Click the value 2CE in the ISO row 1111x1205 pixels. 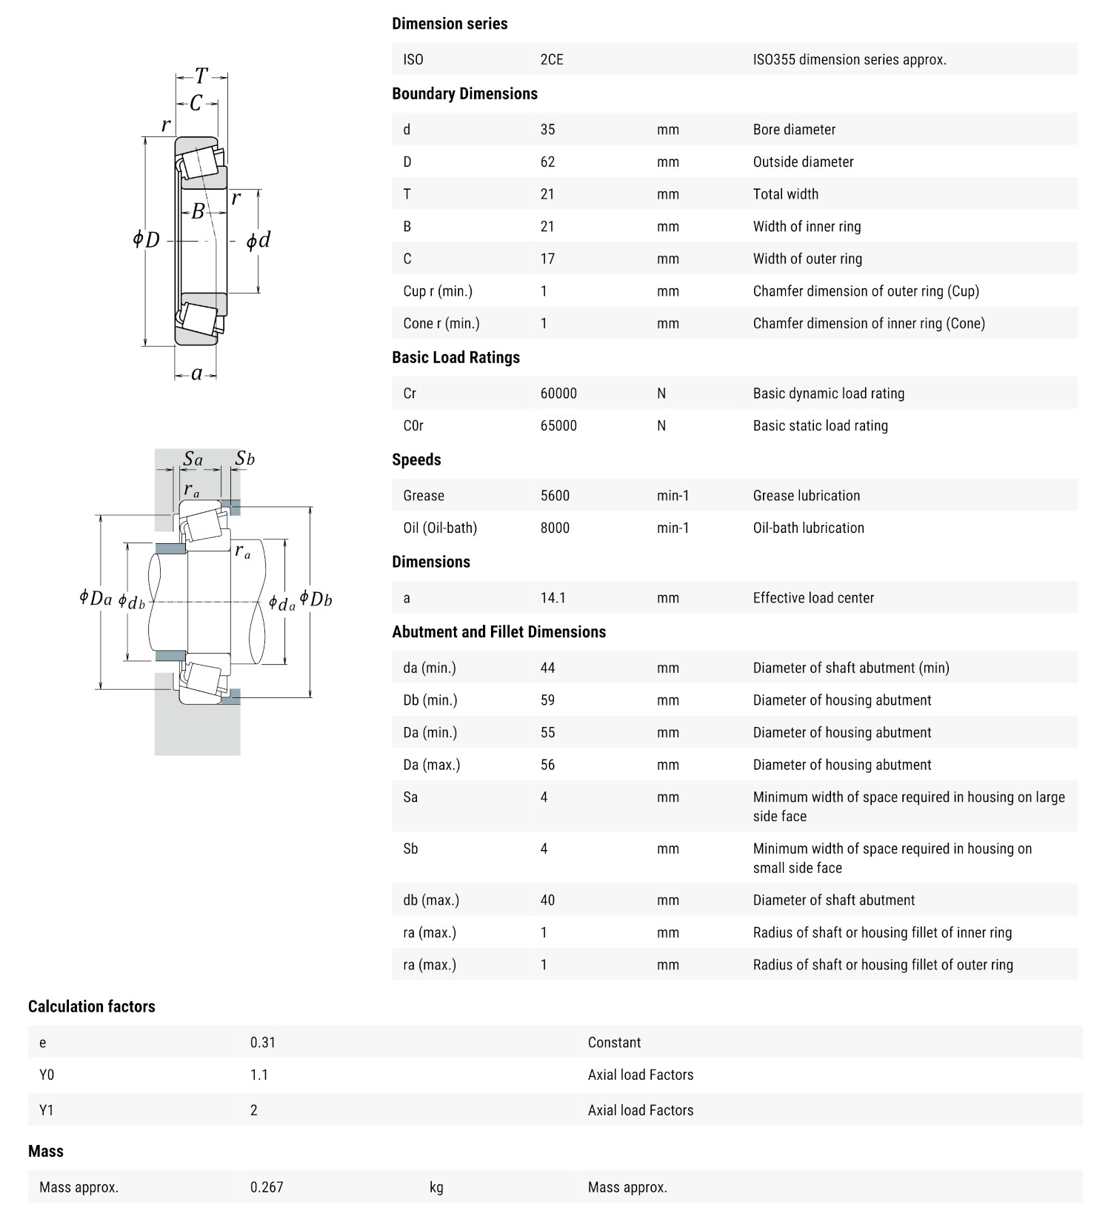[x=552, y=59]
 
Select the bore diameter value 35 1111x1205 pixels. [x=547, y=129]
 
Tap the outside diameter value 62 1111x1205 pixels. [x=547, y=162]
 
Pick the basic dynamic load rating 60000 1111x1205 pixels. [x=558, y=393]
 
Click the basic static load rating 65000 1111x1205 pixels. [x=558, y=425]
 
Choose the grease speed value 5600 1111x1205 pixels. [x=555, y=495]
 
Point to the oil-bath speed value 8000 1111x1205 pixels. [x=555, y=528]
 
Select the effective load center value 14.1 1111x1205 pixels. [x=553, y=597]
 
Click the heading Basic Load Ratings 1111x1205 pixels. [x=456, y=357]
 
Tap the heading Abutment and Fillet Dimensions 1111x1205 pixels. [x=498, y=631]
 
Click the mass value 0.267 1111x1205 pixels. [x=267, y=1186]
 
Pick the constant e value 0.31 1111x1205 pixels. [x=263, y=1042]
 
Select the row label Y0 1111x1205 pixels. [x=47, y=1075]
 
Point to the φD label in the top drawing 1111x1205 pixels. [x=147, y=239]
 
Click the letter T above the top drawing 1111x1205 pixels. [x=201, y=76]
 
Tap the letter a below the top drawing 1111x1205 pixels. [x=196, y=374]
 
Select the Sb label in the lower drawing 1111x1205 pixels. [x=244, y=459]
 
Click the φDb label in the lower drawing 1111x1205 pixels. [x=316, y=599]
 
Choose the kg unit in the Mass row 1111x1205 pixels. [x=436, y=1186]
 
